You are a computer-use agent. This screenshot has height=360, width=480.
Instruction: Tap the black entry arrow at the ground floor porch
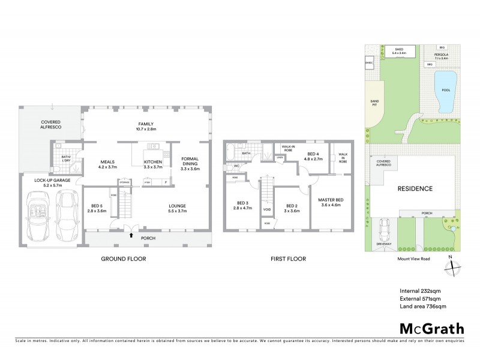click(131, 235)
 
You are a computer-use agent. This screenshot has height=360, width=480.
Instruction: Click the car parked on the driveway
click(385, 229)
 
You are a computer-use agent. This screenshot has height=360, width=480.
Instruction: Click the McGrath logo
click(431, 328)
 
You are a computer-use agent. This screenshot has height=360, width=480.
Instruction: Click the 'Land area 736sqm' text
click(423, 307)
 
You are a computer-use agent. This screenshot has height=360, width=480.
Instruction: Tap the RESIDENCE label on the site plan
click(415, 188)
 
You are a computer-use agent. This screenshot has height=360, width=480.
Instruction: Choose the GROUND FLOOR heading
click(124, 259)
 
